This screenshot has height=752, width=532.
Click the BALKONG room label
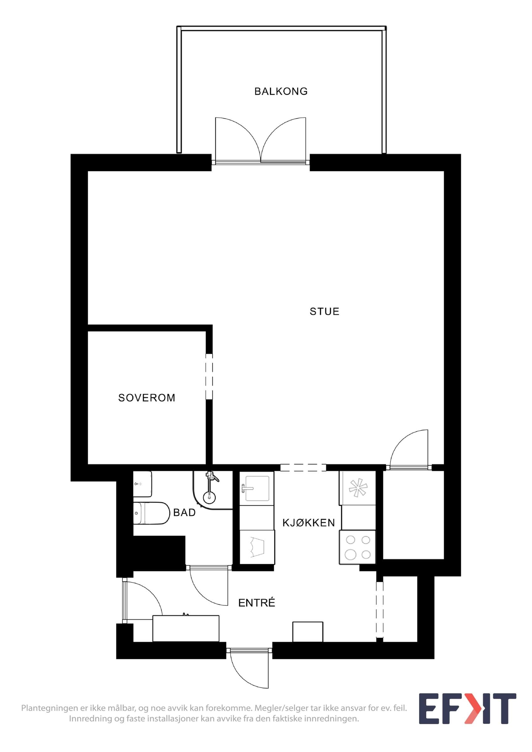coord(281,91)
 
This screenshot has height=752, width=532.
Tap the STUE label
coord(324,311)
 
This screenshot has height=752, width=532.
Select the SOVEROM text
coord(146,398)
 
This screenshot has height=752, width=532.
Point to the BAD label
coord(184,513)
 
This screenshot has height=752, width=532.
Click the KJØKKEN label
coord(308,523)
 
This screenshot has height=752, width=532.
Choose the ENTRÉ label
coord(257,603)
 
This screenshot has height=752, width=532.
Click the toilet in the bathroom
coord(151,513)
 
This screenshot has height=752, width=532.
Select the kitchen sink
coord(257,488)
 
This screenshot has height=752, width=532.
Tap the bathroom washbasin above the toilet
coord(143,484)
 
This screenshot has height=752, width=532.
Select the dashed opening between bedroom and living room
coord(209,376)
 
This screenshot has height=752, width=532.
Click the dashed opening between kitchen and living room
coord(303,467)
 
